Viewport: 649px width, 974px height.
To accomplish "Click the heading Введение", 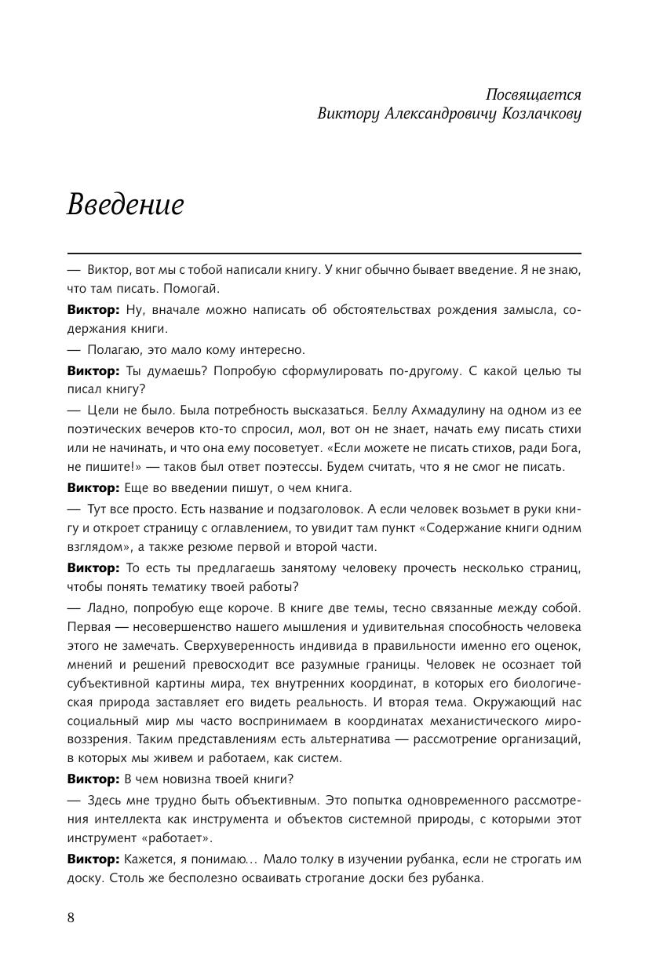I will click(126, 204).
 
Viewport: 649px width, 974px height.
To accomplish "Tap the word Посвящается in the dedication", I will click(533, 94).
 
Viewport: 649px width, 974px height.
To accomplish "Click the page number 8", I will click(71, 918).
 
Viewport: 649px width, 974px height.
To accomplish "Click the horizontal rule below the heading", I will click(324, 254).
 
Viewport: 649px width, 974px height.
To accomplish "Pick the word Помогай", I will click(193, 289).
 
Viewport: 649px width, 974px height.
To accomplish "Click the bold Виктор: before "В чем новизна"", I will click(94, 779).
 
